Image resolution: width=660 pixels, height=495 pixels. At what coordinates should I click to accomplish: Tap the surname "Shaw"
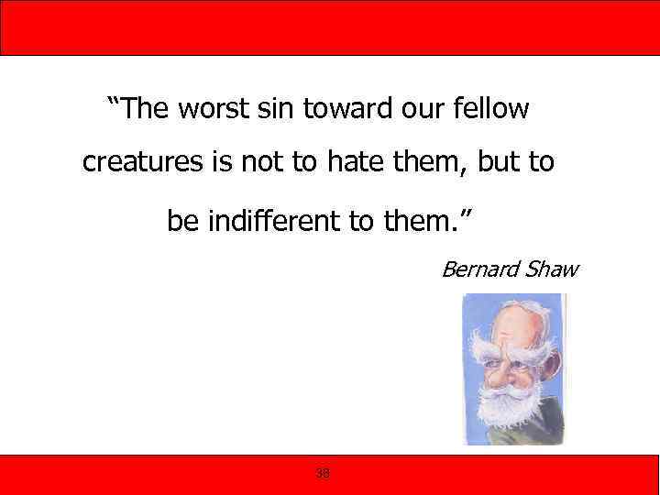click(x=552, y=269)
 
